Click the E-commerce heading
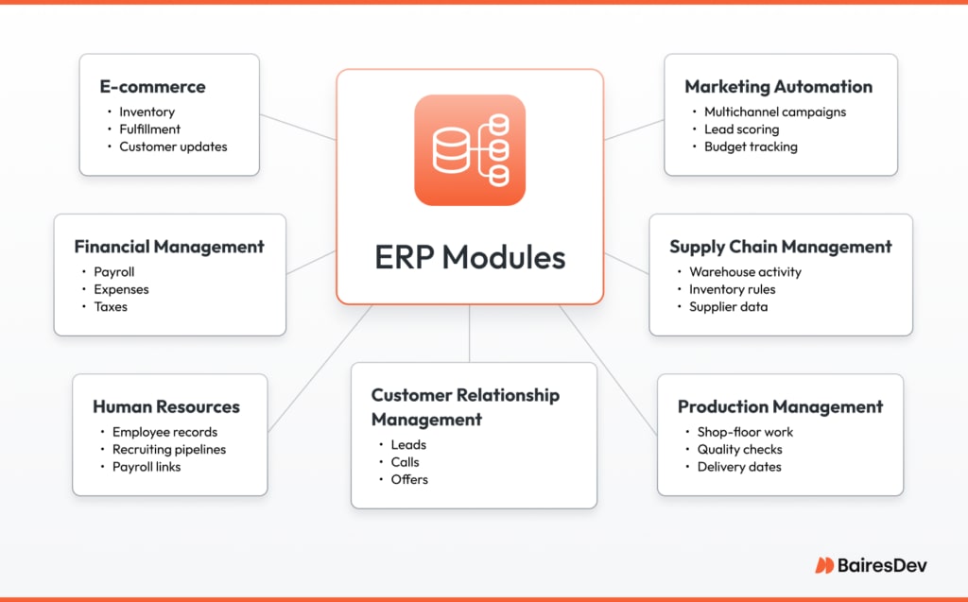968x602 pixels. point(152,87)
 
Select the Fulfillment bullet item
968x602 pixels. point(149,129)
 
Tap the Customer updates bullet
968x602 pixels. point(173,146)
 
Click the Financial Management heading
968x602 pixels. point(169,247)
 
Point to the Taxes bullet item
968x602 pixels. point(111,306)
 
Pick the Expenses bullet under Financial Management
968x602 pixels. point(121,289)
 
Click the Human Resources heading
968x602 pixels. point(166,407)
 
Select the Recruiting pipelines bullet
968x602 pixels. point(169,450)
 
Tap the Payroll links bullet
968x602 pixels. point(147,467)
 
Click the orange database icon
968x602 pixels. point(470,150)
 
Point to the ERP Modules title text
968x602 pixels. point(470,258)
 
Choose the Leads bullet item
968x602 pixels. point(408,445)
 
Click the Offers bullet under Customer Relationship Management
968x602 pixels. point(409,479)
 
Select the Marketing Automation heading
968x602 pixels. point(778,87)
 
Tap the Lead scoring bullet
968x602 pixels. point(741,129)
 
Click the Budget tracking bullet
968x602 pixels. point(751,146)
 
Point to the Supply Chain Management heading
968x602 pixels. point(780,247)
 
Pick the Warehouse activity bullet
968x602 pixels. point(745,272)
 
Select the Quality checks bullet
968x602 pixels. point(739,450)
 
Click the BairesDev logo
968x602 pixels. point(871,565)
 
